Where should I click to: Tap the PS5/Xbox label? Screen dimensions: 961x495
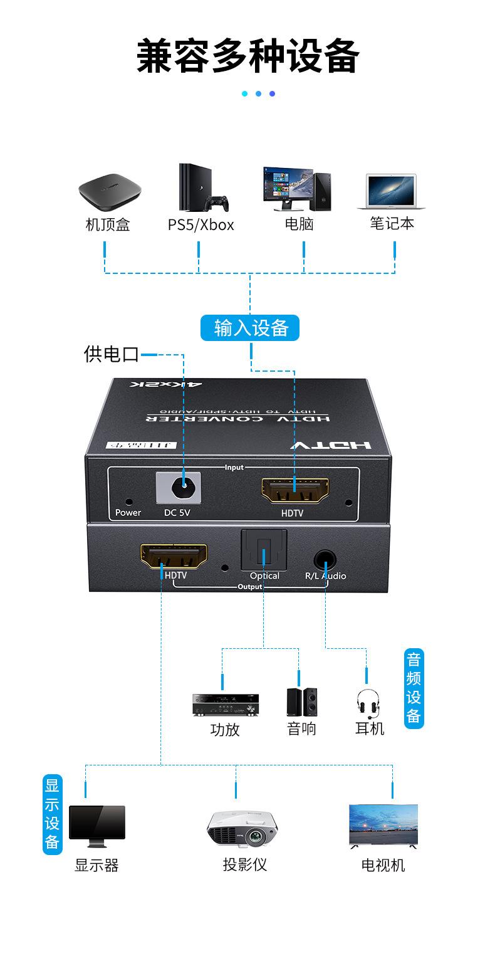[201, 224]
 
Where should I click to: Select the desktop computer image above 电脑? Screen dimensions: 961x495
[296, 189]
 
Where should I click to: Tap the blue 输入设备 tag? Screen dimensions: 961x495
[250, 328]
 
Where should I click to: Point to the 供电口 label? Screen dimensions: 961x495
[112, 354]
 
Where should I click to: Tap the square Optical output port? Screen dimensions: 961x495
[264, 550]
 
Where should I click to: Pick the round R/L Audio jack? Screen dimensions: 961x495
[325, 557]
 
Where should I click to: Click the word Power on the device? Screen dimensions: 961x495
[128, 513]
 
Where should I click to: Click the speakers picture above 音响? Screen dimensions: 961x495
[301, 702]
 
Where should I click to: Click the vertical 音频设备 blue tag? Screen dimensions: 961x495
[414, 688]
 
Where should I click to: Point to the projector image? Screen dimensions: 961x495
[242, 827]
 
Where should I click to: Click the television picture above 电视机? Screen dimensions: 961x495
[383, 825]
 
